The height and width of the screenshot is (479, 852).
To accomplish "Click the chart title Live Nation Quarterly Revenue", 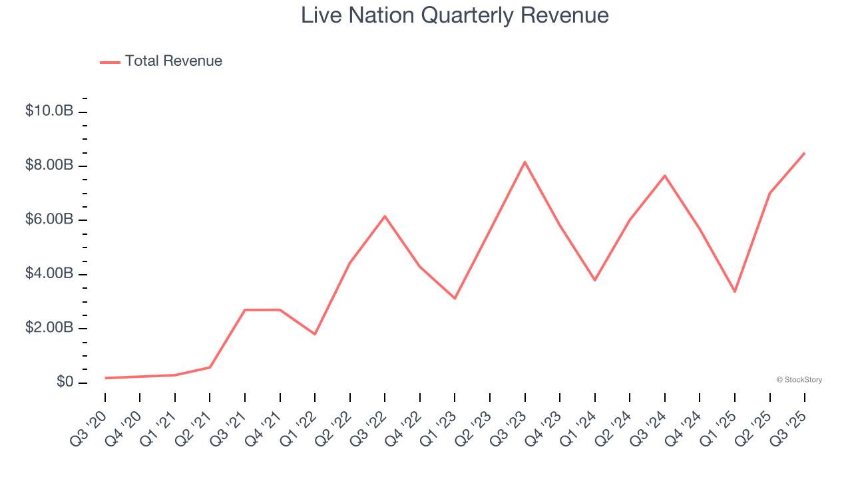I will coord(455,15).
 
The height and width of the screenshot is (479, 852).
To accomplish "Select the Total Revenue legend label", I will coord(173,61).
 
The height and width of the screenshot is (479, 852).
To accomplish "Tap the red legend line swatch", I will coord(110,62).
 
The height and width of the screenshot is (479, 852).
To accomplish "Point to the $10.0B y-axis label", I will coord(49,111).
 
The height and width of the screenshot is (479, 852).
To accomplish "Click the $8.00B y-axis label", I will coord(49,165).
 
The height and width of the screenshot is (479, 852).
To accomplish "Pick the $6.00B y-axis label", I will coord(49,220).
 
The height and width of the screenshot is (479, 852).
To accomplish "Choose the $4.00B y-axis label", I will coord(49,274).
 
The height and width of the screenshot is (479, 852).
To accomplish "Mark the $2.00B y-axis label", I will coord(49,329).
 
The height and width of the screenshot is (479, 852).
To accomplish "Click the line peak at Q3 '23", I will coord(525,162).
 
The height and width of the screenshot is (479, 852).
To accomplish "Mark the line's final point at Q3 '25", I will coord(804,153).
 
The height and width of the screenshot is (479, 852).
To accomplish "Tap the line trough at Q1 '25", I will coord(734,291).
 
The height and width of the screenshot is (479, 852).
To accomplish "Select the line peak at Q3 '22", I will coord(385,216).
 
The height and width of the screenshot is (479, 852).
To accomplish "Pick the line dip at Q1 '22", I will coord(315,334).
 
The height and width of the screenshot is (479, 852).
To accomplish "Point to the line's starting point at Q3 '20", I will coord(105,378).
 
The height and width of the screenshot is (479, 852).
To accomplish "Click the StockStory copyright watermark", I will coord(799,380).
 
